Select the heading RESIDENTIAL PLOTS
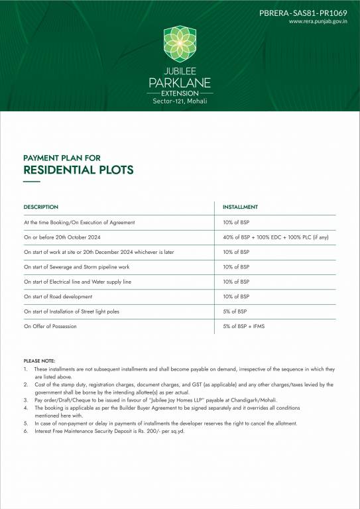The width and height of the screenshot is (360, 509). point(78,170)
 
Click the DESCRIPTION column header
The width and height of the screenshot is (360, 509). point(40,207)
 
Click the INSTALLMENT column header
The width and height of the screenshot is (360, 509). point(240,207)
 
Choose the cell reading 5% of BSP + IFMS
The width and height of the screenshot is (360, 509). point(243,326)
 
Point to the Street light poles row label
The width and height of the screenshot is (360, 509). point(72,311)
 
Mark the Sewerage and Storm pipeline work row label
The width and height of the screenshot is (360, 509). point(76,267)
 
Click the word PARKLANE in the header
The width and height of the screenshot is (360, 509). point(180,82)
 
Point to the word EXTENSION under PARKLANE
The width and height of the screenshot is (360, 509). point(180,93)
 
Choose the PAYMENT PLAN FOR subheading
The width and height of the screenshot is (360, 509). point(62,157)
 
